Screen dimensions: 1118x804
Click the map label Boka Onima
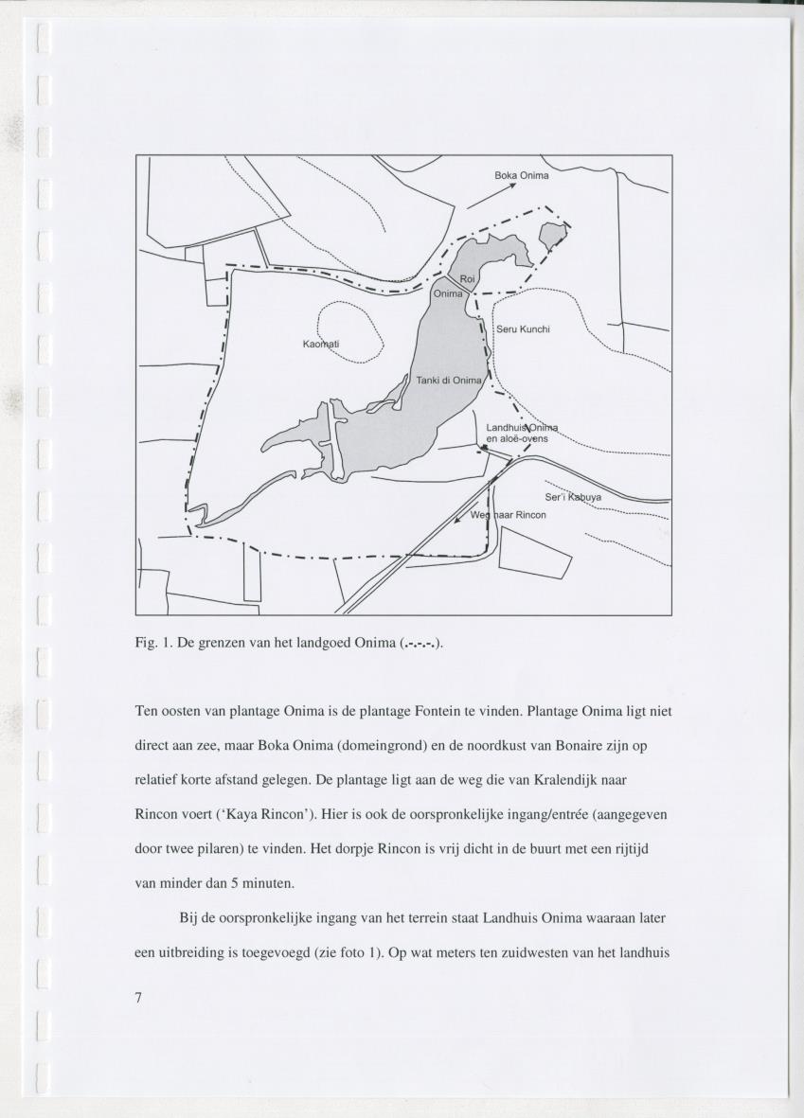tap(522, 175)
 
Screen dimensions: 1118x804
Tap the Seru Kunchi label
tap(524, 329)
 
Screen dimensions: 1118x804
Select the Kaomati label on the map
tap(321, 342)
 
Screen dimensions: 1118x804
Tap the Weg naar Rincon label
tap(509, 515)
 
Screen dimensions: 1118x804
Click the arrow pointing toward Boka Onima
tap(491, 196)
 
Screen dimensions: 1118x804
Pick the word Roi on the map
tap(468, 278)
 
